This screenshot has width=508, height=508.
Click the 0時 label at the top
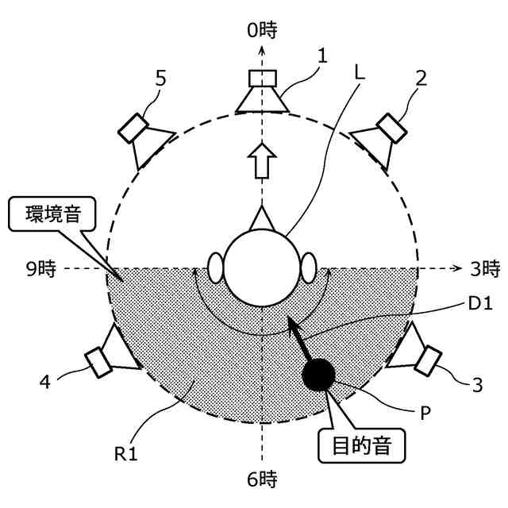point(261,31)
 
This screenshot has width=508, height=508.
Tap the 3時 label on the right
point(483,268)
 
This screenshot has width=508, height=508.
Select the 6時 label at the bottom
point(262,479)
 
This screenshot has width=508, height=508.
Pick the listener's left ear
point(215,267)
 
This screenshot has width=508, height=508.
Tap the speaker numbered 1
point(261,91)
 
